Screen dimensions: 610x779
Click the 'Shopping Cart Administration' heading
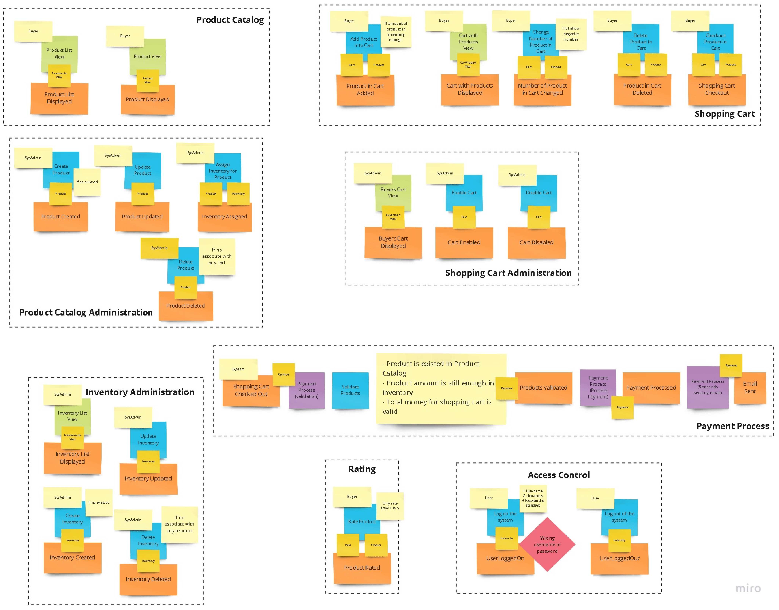pos(508,273)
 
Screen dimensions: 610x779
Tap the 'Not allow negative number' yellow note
pos(571,34)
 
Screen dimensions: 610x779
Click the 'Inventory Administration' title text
pos(140,393)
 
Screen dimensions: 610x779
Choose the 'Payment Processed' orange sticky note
pos(651,388)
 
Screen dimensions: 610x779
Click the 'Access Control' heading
pos(559,475)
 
